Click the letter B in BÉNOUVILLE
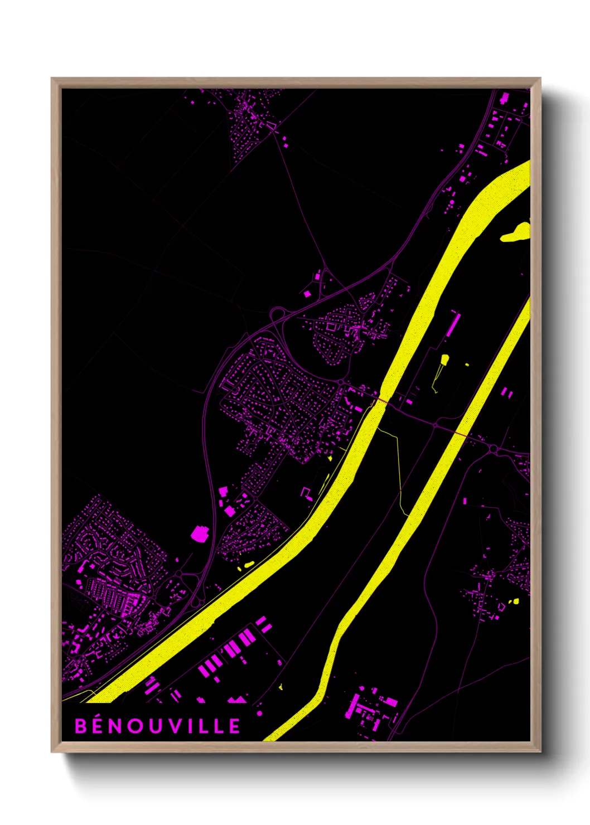(81, 726)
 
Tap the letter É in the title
(101, 726)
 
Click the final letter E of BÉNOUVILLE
(234, 726)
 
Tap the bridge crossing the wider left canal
(381, 400)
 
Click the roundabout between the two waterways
(435, 425)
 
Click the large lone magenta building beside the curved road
(199, 533)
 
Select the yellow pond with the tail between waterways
(444, 360)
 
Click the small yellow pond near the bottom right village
(515, 601)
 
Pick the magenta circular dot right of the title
(259, 713)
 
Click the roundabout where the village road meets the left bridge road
(341, 383)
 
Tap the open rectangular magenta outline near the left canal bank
(306, 493)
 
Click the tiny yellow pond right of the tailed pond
(467, 365)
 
